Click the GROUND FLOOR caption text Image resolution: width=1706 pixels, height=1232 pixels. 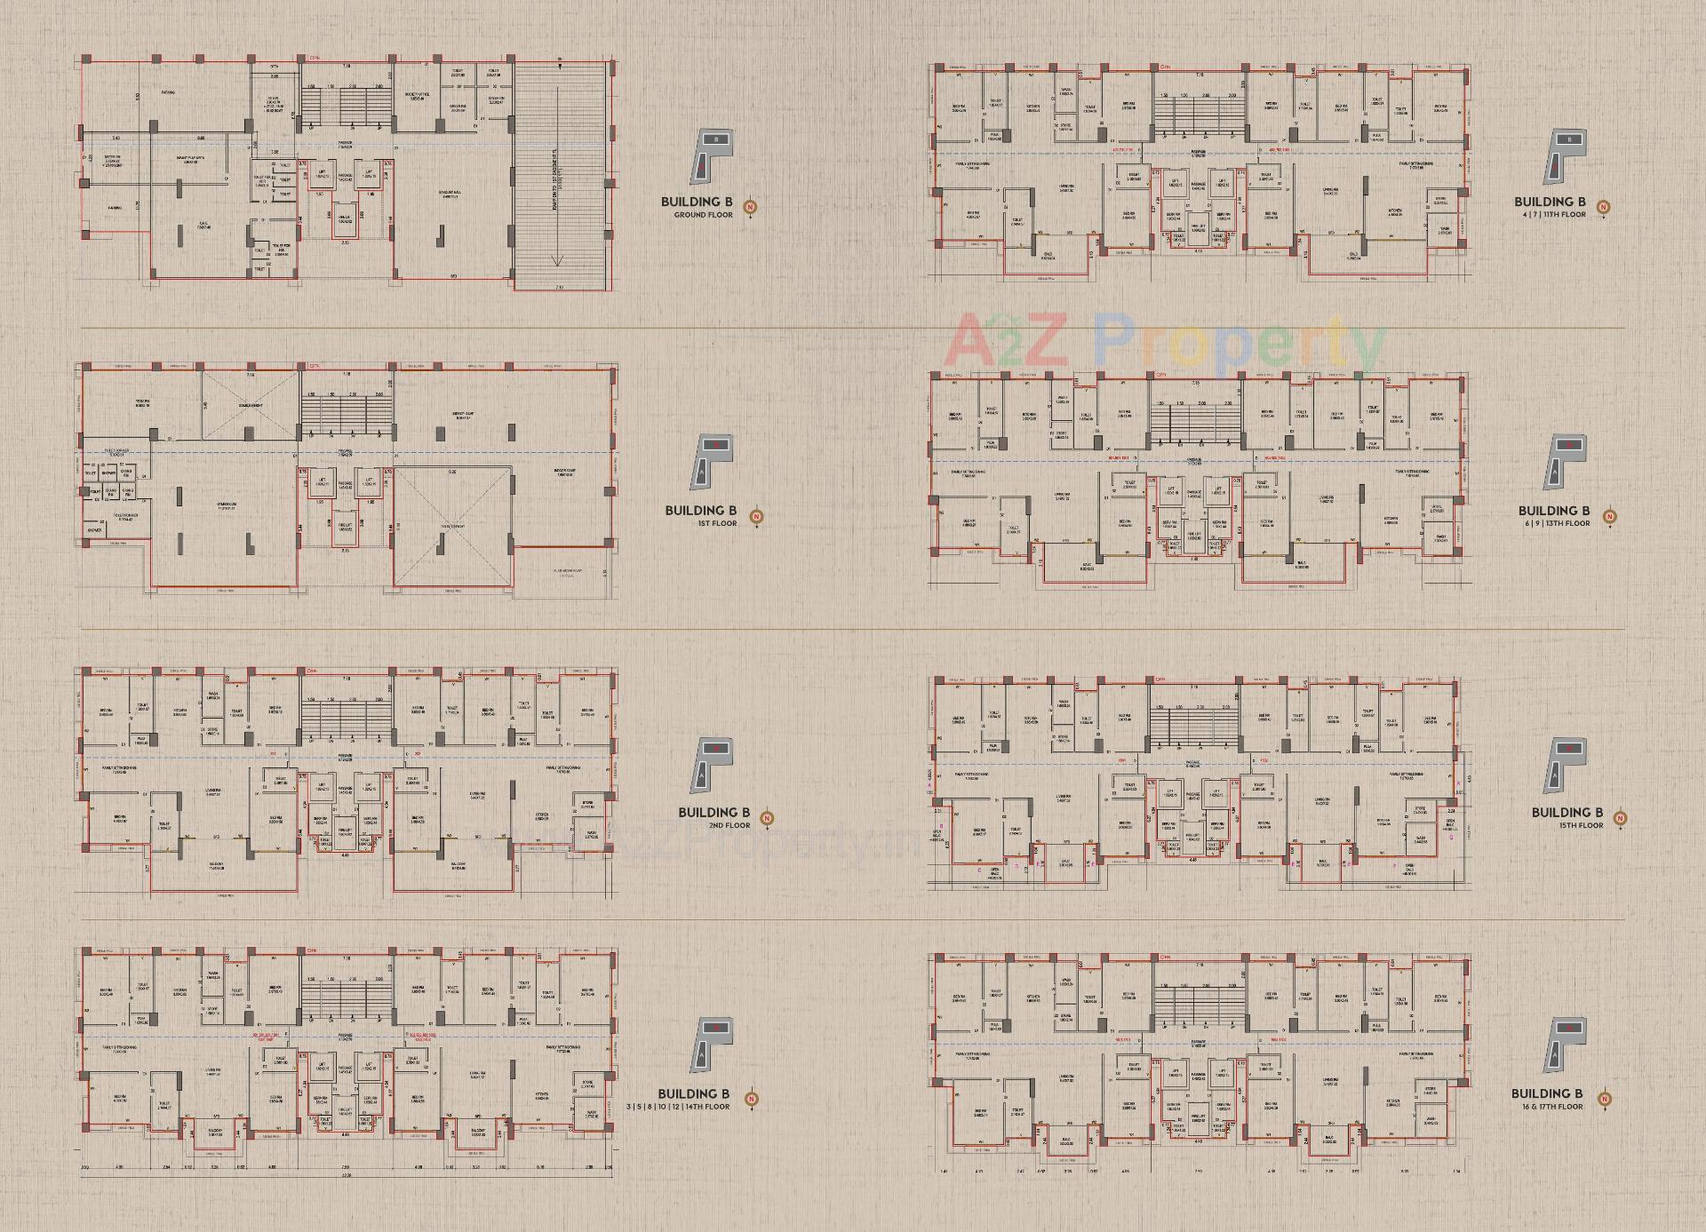703,215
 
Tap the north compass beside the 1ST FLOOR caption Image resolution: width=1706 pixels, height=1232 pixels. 757,516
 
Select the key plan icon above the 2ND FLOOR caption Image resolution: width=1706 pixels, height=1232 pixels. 713,765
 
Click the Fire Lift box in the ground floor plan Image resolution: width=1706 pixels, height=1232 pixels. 345,219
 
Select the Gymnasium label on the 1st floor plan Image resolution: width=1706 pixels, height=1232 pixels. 232,508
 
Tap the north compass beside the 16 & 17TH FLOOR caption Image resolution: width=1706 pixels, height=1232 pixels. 1605,1100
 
